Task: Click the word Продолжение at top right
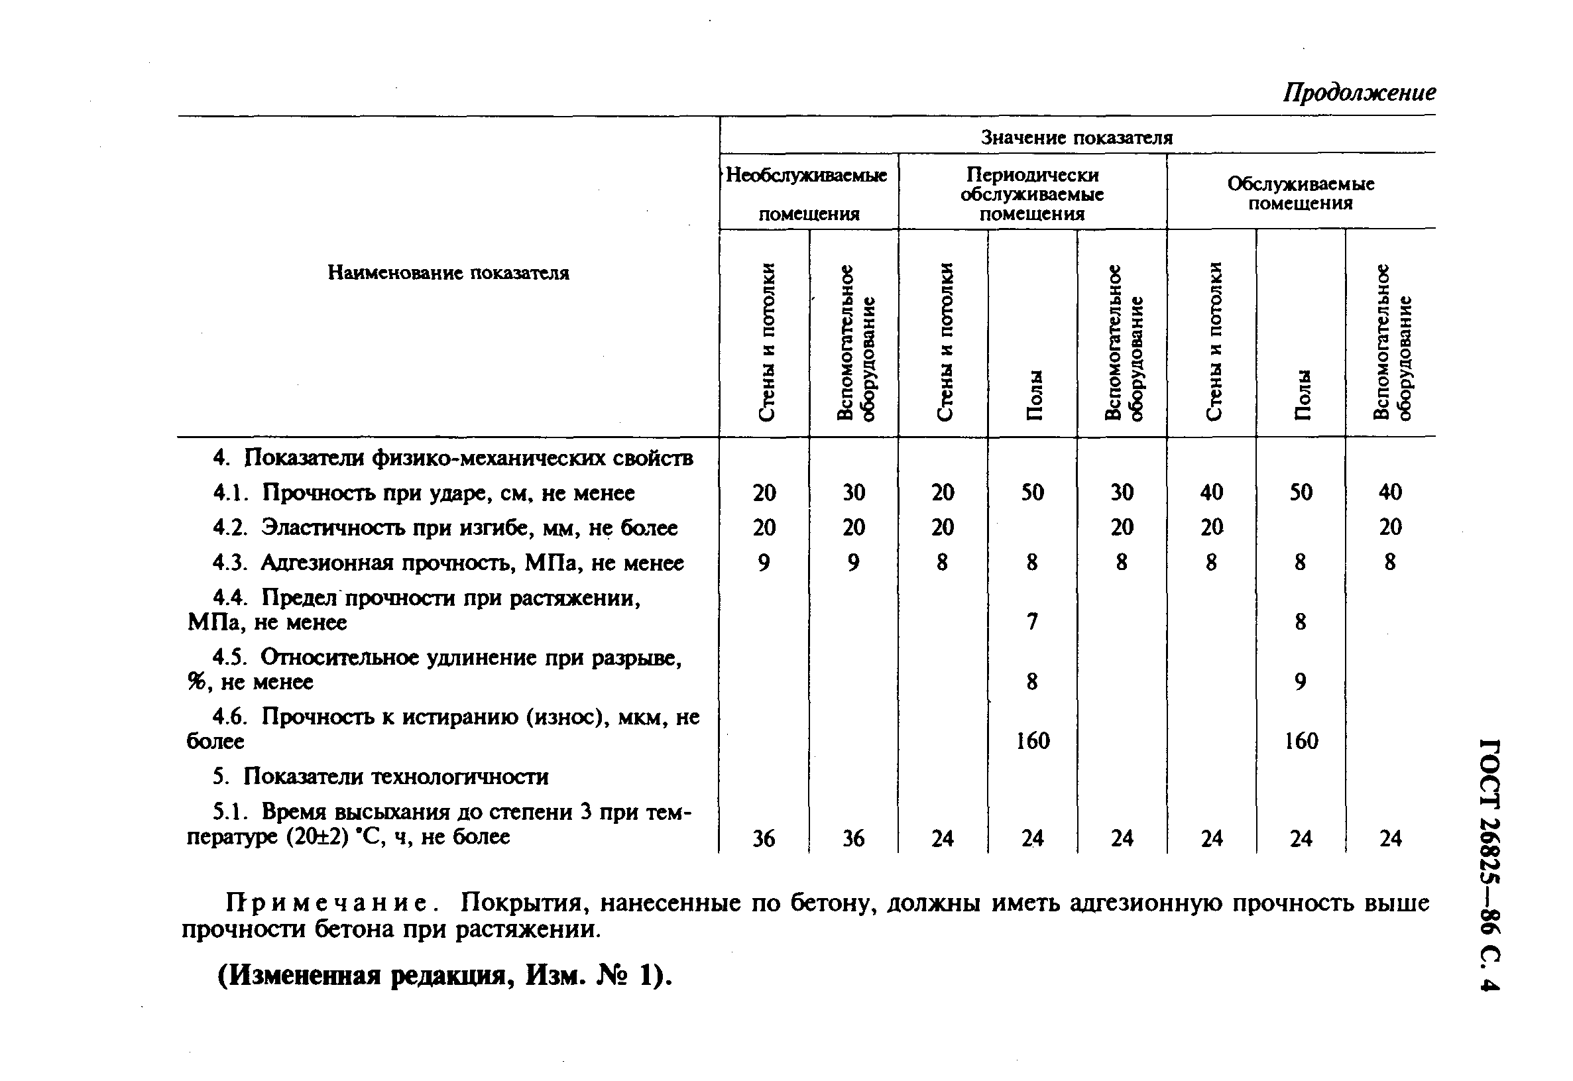(x=1358, y=92)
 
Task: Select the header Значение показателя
(x=1077, y=138)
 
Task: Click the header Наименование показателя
(x=448, y=273)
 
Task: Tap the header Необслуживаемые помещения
(x=807, y=194)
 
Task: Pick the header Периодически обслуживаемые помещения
(x=1031, y=194)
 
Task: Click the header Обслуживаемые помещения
(x=1300, y=194)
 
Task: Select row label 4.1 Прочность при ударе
(x=424, y=493)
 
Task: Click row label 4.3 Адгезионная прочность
(x=448, y=563)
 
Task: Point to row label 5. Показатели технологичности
(x=380, y=776)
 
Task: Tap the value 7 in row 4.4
(x=1031, y=622)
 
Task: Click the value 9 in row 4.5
(x=1300, y=681)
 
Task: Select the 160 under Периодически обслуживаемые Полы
(x=1032, y=741)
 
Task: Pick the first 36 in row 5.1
(x=764, y=839)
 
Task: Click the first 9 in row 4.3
(x=764, y=563)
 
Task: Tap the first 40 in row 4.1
(x=1211, y=492)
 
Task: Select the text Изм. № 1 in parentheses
(x=596, y=976)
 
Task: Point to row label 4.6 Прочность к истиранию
(x=443, y=729)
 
